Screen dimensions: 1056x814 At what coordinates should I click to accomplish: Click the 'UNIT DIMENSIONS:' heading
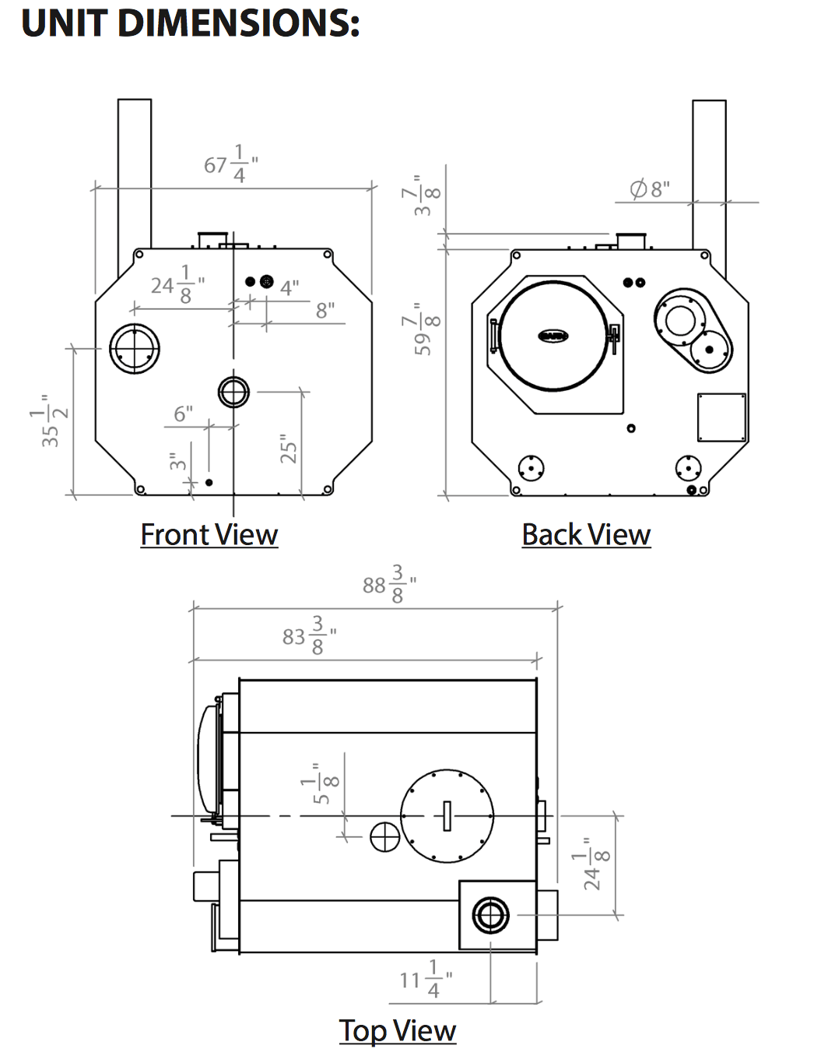point(190,23)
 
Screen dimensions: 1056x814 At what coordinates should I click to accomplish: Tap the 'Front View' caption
point(209,535)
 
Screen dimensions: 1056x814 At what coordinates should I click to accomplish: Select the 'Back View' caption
point(586,535)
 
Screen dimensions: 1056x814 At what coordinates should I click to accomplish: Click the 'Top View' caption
point(397,1030)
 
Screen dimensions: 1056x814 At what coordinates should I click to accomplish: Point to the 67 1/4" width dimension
point(230,164)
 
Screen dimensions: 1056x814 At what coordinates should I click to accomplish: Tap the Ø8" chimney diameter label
point(650,189)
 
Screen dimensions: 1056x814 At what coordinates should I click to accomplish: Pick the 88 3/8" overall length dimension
point(389,584)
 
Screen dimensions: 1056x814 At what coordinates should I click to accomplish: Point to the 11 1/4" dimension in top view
point(425,980)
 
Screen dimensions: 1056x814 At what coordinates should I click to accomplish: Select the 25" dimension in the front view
point(289,449)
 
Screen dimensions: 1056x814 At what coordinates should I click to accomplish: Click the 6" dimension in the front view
point(183,414)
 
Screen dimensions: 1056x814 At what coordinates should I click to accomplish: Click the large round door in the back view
point(553,335)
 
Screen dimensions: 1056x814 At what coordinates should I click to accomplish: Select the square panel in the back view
point(721,417)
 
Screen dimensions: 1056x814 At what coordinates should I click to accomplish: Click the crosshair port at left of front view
point(135,348)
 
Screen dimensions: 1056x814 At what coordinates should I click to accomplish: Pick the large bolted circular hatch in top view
point(447,815)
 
